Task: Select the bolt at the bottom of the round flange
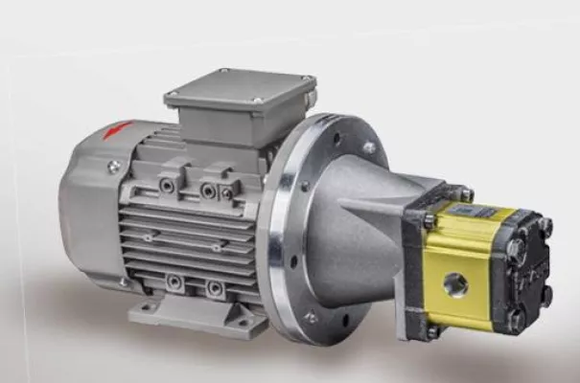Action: pyautogui.click(x=310, y=316)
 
